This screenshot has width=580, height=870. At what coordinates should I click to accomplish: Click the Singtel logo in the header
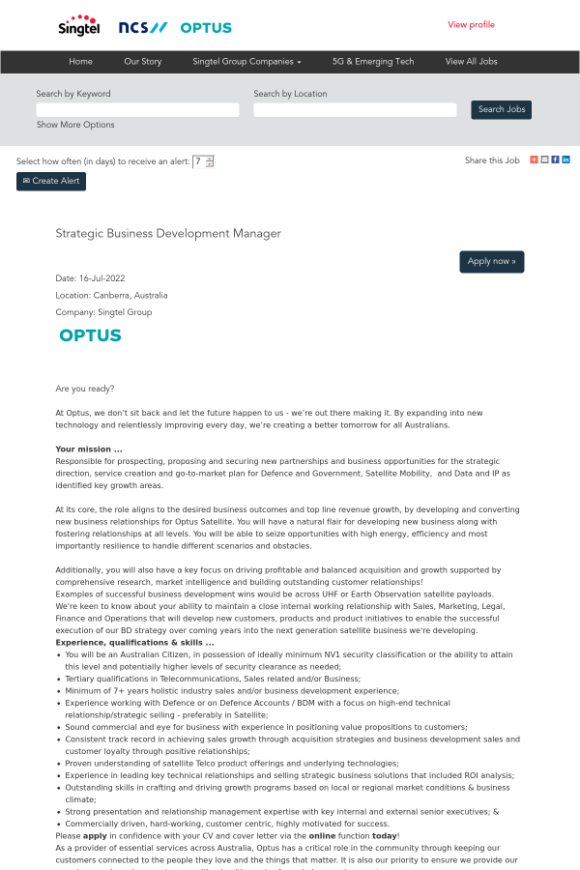tap(78, 26)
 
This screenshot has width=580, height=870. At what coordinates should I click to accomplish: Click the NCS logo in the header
tap(142, 28)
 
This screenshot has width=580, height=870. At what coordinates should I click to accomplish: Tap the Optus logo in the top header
tap(205, 28)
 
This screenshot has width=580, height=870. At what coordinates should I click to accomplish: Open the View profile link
tap(471, 25)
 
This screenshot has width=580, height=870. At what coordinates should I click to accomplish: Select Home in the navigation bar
tap(81, 62)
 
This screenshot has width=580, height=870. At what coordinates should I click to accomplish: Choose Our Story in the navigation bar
tap(143, 62)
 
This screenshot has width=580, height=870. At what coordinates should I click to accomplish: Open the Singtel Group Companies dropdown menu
tap(246, 62)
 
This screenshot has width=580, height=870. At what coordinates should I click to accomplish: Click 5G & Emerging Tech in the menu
tap(373, 62)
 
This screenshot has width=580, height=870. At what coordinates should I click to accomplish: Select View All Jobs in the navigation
tap(471, 62)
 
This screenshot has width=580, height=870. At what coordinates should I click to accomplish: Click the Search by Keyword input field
tap(137, 110)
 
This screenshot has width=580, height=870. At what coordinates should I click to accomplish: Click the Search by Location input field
tap(355, 110)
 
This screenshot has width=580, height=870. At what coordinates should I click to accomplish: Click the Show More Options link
tap(75, 125)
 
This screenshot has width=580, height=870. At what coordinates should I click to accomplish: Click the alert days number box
tap(199, 161)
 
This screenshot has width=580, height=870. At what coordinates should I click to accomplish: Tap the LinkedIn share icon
tap(566, 159)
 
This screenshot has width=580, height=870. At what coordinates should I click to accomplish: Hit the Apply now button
tap(491, 262)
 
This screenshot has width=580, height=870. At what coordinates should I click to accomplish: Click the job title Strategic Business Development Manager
tap(168, 234)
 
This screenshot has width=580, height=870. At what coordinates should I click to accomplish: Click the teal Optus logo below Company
tap(90, 335)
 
